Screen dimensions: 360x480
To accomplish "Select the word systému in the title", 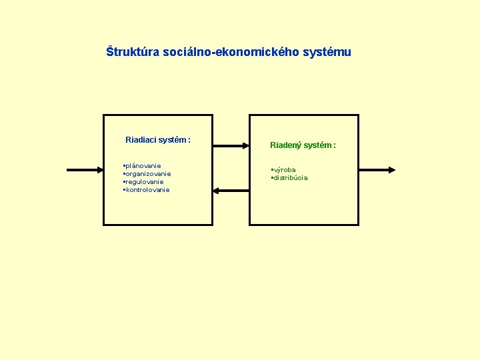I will coord(326,52).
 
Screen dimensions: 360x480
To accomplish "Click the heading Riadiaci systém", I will coord(158,140).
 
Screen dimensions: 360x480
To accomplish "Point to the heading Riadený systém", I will coord(303,145).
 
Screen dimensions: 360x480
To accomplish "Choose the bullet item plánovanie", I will coord(143,166).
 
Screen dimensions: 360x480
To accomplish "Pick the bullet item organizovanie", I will coord(148,174).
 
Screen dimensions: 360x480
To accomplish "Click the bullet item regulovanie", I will coord(144,182).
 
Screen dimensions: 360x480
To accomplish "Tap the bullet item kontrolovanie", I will coord(147,190).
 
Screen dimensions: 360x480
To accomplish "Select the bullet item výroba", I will coord(285,170).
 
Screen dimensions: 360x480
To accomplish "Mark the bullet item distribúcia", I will coord(290,178).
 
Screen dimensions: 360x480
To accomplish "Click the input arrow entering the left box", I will coord(85,170).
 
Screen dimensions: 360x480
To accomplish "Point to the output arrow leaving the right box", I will coord(377,170).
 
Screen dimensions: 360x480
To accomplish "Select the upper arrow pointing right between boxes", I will coord(231,145).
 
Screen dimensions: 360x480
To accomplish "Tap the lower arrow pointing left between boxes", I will coord(231,191).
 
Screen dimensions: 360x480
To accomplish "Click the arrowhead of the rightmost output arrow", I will coord(392,170).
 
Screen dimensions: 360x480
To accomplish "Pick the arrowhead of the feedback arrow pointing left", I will coord(217,191).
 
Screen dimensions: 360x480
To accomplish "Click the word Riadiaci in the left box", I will coord(141,140).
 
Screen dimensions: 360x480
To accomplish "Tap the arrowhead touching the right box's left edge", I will coord(245,145).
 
